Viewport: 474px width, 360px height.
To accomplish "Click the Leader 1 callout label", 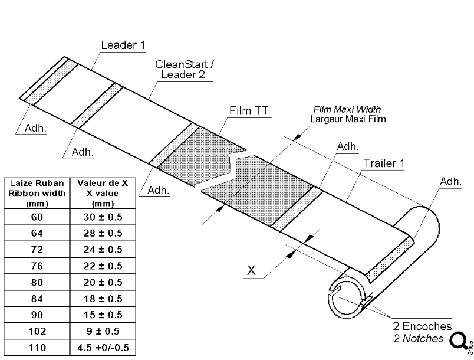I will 123,45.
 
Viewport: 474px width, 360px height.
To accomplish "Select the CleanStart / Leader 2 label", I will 185,69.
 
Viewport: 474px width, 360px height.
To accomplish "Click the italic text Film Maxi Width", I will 347,109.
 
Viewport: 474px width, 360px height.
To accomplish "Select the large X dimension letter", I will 252,270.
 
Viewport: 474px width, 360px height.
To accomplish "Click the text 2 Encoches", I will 423,326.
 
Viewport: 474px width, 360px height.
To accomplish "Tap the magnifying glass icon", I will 457,341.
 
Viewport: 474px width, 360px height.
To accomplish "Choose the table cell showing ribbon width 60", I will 37,216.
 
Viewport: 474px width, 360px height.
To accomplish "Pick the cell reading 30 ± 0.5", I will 103,216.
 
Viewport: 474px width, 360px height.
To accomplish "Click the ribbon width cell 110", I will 37,348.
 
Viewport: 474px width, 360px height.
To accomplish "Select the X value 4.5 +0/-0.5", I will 103,348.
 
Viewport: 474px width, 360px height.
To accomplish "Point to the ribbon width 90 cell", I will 37,315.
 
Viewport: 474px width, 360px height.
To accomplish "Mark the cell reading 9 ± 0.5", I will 103,332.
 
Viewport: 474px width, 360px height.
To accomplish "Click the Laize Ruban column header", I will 37,192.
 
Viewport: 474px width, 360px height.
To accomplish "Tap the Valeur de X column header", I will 103,192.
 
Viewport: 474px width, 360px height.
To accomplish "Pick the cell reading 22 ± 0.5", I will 103,266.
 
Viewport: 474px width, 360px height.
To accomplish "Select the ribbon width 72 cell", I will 37,249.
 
